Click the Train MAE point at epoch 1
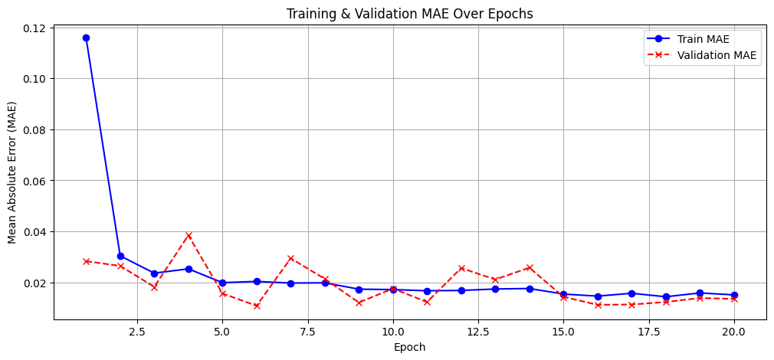86,38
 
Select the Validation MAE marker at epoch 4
189,235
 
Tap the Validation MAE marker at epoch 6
257,306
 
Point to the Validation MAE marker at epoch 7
290,258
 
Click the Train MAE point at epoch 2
120,256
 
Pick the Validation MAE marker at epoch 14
530,267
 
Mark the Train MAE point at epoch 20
734,295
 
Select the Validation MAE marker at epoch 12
461,268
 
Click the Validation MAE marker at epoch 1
86,261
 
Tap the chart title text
409,14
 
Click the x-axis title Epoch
409,347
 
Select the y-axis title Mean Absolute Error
12,172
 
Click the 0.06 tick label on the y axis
35,181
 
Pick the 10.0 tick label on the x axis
393,331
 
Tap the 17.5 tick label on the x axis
649,331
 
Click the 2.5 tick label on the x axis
137,331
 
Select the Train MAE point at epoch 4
189,269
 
